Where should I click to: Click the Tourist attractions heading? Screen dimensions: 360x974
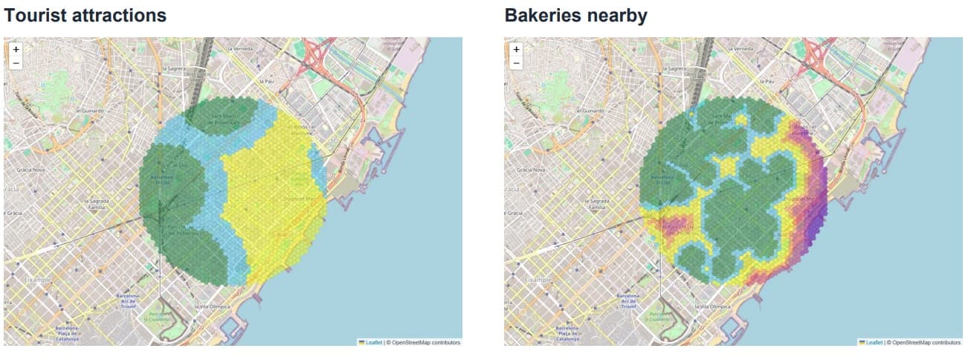click(x=86, y=15)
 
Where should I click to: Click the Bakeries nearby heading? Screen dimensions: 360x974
click(x=575, y=15)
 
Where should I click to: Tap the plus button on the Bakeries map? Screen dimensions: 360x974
click(x=517, y=49)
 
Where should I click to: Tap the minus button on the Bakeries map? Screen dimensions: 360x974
click(x=517, y=62)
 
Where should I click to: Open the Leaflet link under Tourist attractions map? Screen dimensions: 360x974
click(x=374, y=342)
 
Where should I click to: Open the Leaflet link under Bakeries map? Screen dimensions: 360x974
click(x=874, y=342)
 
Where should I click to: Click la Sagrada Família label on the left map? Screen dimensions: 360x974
click(x=98, y=203)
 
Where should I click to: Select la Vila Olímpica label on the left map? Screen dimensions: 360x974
click(x=212, y=306)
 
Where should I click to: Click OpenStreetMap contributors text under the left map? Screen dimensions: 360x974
click(x=425, y=342)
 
